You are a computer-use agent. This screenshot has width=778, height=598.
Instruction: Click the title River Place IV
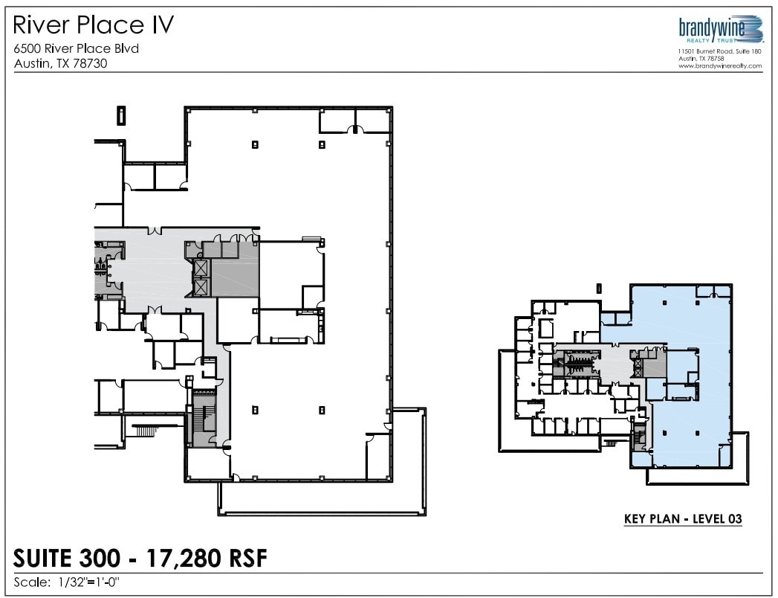coord(94,25)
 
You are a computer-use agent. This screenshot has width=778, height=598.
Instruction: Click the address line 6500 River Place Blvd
coord(77,49)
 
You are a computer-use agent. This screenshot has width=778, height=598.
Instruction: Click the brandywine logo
coord(719,29)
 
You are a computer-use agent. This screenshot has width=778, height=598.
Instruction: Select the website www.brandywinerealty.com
coord(719,65)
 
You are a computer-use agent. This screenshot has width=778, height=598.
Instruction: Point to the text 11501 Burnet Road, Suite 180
coord(719,51)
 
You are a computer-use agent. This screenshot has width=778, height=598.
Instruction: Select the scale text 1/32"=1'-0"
coord(88,582)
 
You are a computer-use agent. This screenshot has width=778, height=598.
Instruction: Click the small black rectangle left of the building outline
coord(120,115)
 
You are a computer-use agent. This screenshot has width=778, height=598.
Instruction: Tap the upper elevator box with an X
coord(201,269)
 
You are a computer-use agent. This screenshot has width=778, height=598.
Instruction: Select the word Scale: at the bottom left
coord(32,582)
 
